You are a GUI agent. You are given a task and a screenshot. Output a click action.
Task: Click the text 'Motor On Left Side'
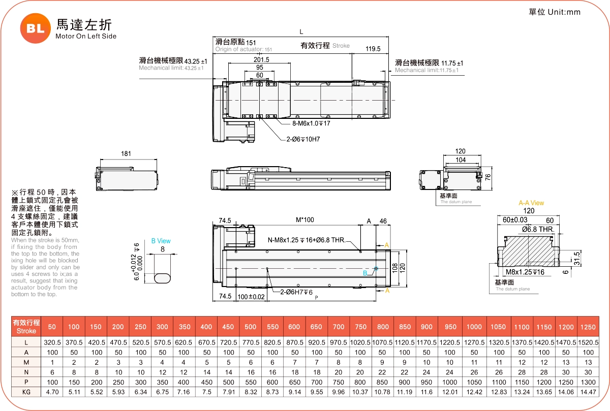click(x=86, y=37)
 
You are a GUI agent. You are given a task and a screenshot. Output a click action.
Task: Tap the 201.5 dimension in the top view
click(x=261, y=59)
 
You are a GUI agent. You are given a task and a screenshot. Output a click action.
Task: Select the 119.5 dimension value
click(x=373, y=49)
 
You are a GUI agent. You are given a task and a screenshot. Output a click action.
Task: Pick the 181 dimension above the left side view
click(x=126, y=153)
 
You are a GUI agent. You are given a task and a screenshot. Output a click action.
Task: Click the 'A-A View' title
click(x=531, y=203)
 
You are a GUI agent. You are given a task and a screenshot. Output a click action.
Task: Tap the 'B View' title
click(x=161, y=241)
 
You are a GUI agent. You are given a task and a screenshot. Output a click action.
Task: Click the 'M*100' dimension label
click(x=305, y=220)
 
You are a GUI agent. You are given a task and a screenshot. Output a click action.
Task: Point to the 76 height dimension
click(x=487, y=177)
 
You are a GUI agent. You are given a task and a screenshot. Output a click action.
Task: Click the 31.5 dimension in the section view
click(x=576, y=256)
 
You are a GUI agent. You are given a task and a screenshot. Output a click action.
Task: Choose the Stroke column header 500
click(x=251, y=327)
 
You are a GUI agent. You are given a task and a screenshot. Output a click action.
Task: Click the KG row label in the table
click(x=26, y=392)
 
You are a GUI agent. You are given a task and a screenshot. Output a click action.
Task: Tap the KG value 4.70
click(x=52, y=392)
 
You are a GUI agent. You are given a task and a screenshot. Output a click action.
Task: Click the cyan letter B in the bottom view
click(x=365, y=273)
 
